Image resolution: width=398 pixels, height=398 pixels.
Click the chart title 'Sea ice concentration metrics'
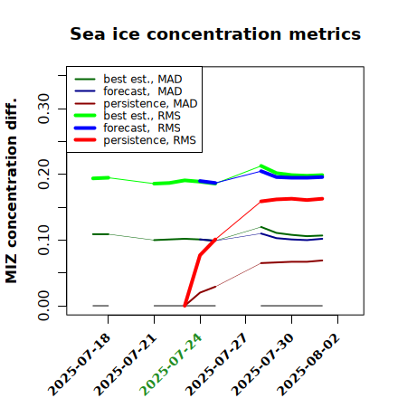(215, 33)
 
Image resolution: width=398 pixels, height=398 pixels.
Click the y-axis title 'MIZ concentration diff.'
(11, 191)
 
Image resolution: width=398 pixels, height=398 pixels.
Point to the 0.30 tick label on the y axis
(43, 109)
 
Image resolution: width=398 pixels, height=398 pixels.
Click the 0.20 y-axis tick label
(43, 175)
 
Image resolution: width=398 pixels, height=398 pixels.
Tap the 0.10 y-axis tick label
(43, 240)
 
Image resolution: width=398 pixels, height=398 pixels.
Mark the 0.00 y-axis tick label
(43, 306)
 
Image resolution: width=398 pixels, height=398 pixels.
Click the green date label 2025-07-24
(171, 365)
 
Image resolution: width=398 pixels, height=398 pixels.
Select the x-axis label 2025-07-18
(79, 365)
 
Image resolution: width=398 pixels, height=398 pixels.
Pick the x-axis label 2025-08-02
(308, 365)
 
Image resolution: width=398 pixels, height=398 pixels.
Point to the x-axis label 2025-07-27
(216, 365)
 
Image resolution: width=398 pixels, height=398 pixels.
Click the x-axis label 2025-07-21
(125, 365)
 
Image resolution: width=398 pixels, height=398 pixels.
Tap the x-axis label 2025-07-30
(262, 365)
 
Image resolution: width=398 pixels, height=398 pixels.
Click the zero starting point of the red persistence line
(185, 306)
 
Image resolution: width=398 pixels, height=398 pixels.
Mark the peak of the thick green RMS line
(261, 166)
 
